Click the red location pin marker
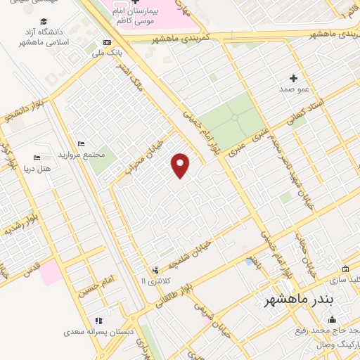tap(181, 165)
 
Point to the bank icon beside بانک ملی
tap(106, 41)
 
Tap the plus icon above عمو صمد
tap(294, 77)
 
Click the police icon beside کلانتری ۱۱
tap(155, 270)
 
